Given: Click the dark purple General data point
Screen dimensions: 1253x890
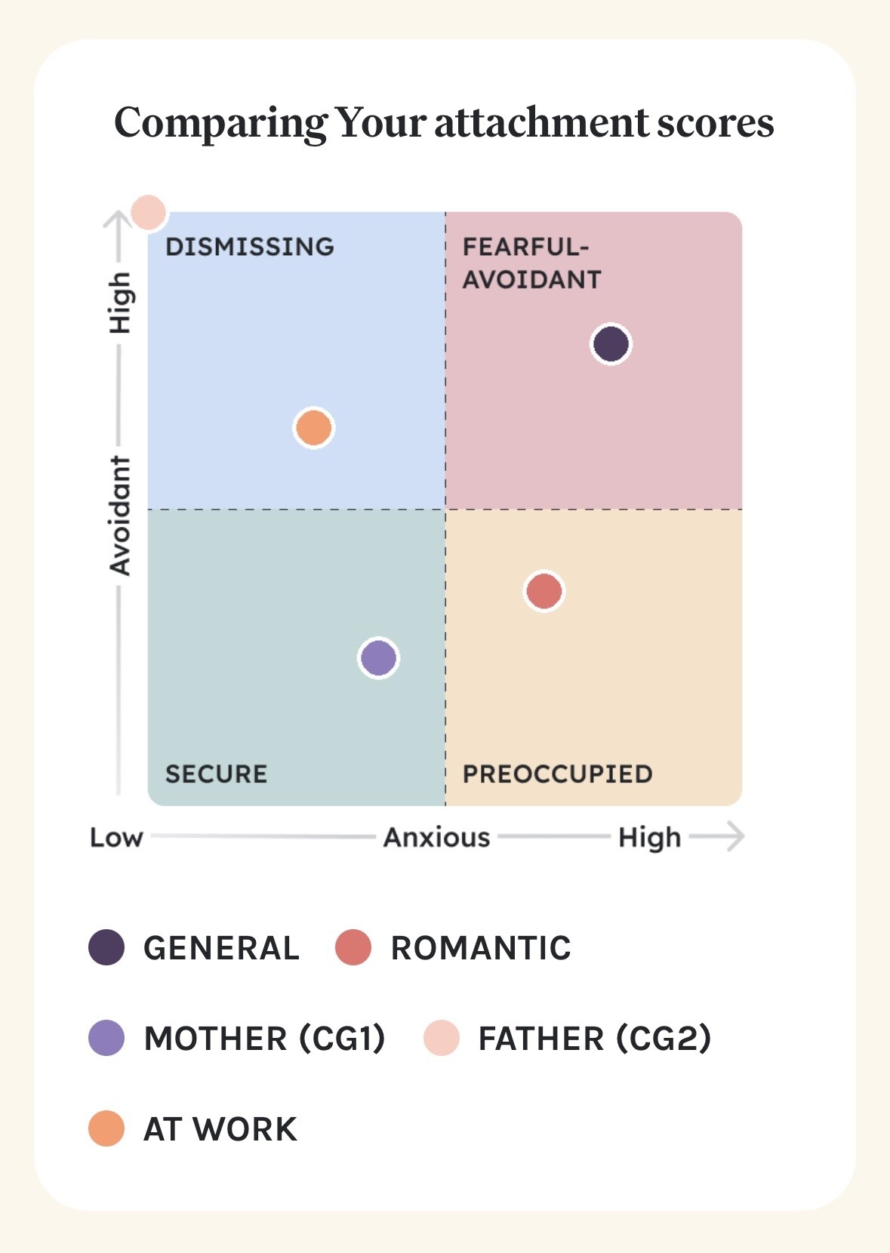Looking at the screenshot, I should click(x=611, y=344).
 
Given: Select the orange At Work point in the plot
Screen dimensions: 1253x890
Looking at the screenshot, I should click(x=313, y=428).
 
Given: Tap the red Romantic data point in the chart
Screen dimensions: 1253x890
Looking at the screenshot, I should click(x=544, y=590).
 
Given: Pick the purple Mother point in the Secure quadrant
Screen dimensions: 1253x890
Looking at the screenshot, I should click(x=378, y=657).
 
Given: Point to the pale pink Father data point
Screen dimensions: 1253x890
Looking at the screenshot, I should click(x=148, y=212).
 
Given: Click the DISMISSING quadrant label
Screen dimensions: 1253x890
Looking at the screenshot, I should click(x=249, y=247).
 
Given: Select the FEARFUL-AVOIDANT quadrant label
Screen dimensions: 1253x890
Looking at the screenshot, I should click(x=531, y=263).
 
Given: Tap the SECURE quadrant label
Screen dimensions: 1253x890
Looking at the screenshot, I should click(x=216, y=774).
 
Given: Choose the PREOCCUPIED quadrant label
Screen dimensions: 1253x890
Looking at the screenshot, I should click(x=557, y=774).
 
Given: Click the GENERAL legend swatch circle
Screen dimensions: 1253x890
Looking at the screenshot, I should click(x=106, y=947).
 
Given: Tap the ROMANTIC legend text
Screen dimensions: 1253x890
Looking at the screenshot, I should click(x=480, y=948).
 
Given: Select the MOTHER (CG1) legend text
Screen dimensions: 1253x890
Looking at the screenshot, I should click(x=264, y=1039).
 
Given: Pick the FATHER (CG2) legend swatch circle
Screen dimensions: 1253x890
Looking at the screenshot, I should click(x=442, y=1038).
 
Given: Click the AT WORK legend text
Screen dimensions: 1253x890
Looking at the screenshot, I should click(x=220, y=1129).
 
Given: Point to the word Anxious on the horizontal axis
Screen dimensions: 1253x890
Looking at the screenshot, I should click(x=436, y=837).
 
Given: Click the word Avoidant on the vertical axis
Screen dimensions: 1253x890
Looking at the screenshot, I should click(x=120, y=516).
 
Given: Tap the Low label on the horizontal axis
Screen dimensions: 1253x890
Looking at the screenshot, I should click(x=116, y=837).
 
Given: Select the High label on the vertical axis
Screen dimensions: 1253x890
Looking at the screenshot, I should click(x=120, y=303).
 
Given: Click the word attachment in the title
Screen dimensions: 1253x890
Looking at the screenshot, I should click(x=541, y=122).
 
